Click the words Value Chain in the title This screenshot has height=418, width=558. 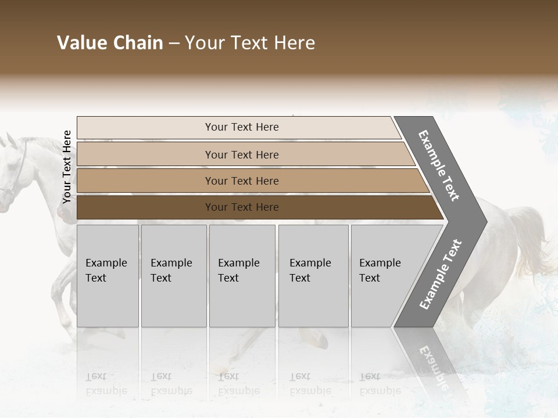click(x=110, y=43)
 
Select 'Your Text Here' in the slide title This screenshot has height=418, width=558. click(x=250, y=43)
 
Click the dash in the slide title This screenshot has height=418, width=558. click(x=174, y=44)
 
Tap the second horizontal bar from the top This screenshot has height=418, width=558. click(x=242, y=154)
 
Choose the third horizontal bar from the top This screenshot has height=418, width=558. click(x=242, y=181)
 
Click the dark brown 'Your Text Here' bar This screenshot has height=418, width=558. click(x=242, y=207)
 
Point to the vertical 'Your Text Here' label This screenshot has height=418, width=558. click(x=67, y=167)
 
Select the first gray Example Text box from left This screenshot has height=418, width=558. click(x=108, y=276)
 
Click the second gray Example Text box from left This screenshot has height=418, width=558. click(x=173, y=276)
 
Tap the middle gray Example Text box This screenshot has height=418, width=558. click(x=242, y=276)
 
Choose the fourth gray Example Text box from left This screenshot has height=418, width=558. click(x=313, y=276)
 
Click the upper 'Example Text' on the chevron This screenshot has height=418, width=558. click(x=439, y=165)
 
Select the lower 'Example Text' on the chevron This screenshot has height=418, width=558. click(x=440, y=274)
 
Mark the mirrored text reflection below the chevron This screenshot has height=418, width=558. click(x=433, y=366)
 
